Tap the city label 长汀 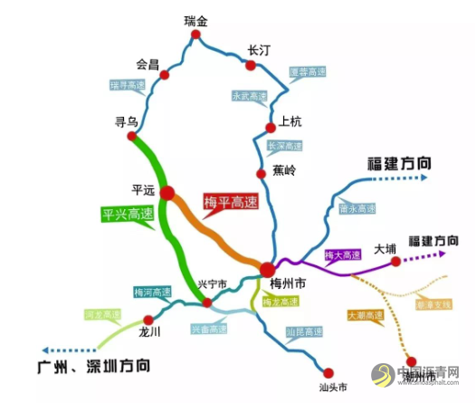coord(260,52)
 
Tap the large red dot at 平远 coord(168,191)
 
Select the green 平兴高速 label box coord(127,215)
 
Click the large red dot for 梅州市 coord(268,269)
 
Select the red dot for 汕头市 coord(328,371)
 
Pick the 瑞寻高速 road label coord(128,84)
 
